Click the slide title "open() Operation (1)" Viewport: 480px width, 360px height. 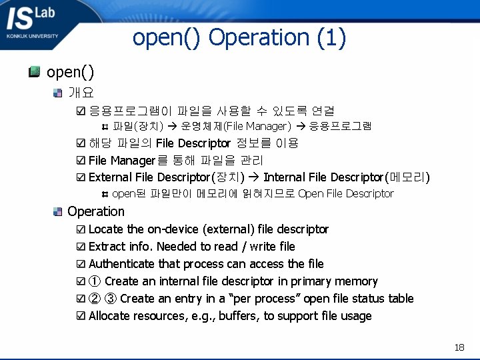tap(239, 38)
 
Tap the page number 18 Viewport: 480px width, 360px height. tap(459, 347)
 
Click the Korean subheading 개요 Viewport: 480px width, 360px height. tap(81, 92)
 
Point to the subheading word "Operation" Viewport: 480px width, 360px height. tap(96, 211)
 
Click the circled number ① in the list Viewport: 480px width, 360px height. tap(95, 281)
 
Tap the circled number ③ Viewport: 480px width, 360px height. tap(111, 299)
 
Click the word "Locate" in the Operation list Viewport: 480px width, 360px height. tap(106, 229)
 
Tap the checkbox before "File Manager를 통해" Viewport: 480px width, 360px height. tap(81, 161)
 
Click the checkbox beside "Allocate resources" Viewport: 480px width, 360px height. tap(81, 316)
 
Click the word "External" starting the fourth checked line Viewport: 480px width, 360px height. tap(109, 177)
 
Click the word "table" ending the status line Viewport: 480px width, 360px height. tap(399, 299)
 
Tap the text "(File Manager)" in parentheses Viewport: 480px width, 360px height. tap(257, 126)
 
